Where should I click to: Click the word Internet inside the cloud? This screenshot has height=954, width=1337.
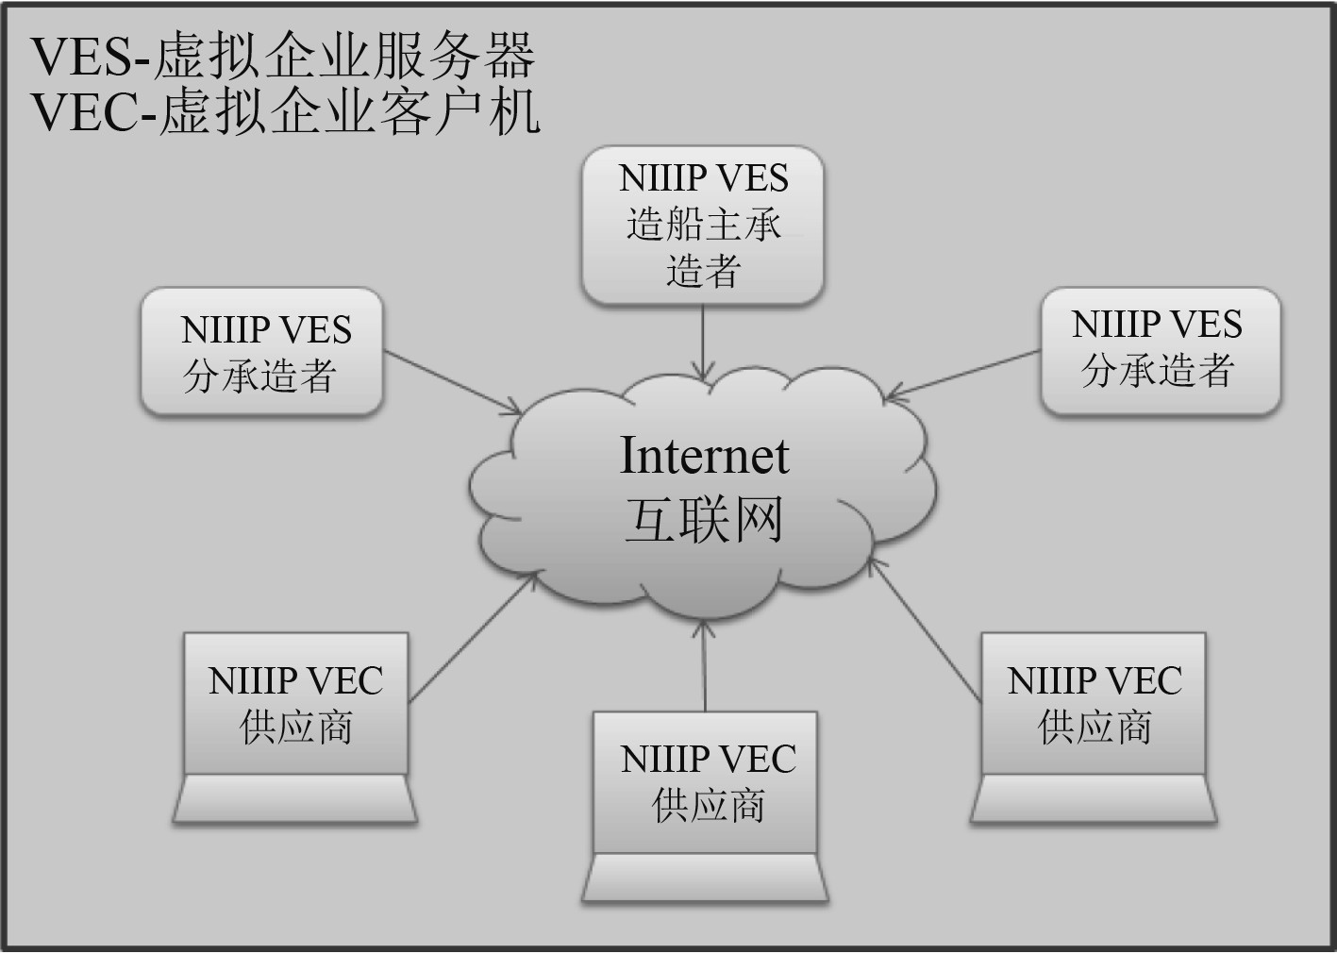coord(704,456)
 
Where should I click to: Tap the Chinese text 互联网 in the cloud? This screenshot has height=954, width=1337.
coord(704,520)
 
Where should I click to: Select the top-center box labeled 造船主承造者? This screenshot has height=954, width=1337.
coord(703,226)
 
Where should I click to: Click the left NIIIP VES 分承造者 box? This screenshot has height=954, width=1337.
coord(261,352)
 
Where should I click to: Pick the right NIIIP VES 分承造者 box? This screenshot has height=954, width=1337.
coord(1160,350)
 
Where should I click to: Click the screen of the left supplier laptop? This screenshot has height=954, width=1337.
coord(295,703)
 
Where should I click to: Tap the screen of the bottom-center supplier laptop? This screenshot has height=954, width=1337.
coord(705,782)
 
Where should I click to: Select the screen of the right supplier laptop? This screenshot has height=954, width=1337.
coord(1094,703)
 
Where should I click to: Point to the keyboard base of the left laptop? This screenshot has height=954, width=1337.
coord(295,799)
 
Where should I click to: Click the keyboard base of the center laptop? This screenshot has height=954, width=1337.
coord(705,879)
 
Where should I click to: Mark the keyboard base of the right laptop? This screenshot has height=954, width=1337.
coord(1094,799)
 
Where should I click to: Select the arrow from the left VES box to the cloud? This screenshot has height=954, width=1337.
coord(453,382)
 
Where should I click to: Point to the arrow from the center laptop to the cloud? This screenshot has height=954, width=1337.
coord(705,665)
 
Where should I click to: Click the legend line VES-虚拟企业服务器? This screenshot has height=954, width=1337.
coord(283,56)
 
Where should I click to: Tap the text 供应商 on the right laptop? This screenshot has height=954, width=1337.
coord(1095,728)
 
